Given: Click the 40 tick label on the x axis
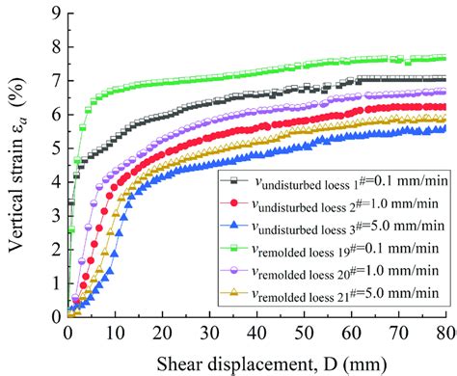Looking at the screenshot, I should [255, 332].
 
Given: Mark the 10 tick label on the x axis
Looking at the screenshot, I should [114, 332].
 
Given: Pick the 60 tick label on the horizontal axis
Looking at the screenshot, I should [351, 332].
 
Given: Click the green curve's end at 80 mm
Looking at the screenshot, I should [444, 58].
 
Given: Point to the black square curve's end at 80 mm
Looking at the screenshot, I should [444, 79].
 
